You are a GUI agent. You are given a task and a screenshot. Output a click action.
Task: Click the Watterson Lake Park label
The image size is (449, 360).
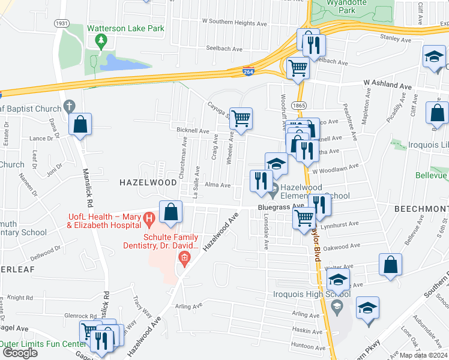pos(125,28)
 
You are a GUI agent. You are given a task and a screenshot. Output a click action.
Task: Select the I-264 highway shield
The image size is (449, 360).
pos(248,71)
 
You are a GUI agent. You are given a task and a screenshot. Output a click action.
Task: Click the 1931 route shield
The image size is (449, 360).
pos(61,23)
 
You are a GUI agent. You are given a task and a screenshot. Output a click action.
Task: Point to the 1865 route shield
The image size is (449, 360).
pos(299,106)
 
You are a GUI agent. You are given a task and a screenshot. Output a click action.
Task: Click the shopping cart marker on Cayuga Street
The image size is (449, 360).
pos(241,119)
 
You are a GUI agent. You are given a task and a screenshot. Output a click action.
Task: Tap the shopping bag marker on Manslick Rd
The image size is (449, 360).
pos(80,125)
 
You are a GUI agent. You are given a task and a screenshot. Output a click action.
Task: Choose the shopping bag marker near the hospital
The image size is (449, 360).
pos(171,212)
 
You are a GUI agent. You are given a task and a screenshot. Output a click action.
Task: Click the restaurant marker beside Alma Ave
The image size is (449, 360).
pos(261,181)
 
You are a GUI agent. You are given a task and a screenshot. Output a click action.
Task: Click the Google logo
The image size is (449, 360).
pos(20,353)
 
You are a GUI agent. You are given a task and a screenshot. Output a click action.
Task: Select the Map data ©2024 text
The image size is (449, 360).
pos(423,355)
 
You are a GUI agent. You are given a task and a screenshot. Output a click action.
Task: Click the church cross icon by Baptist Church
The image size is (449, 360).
pos(69,106)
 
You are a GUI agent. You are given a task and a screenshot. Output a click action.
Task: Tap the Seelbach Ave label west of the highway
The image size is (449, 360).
pos(221,49)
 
